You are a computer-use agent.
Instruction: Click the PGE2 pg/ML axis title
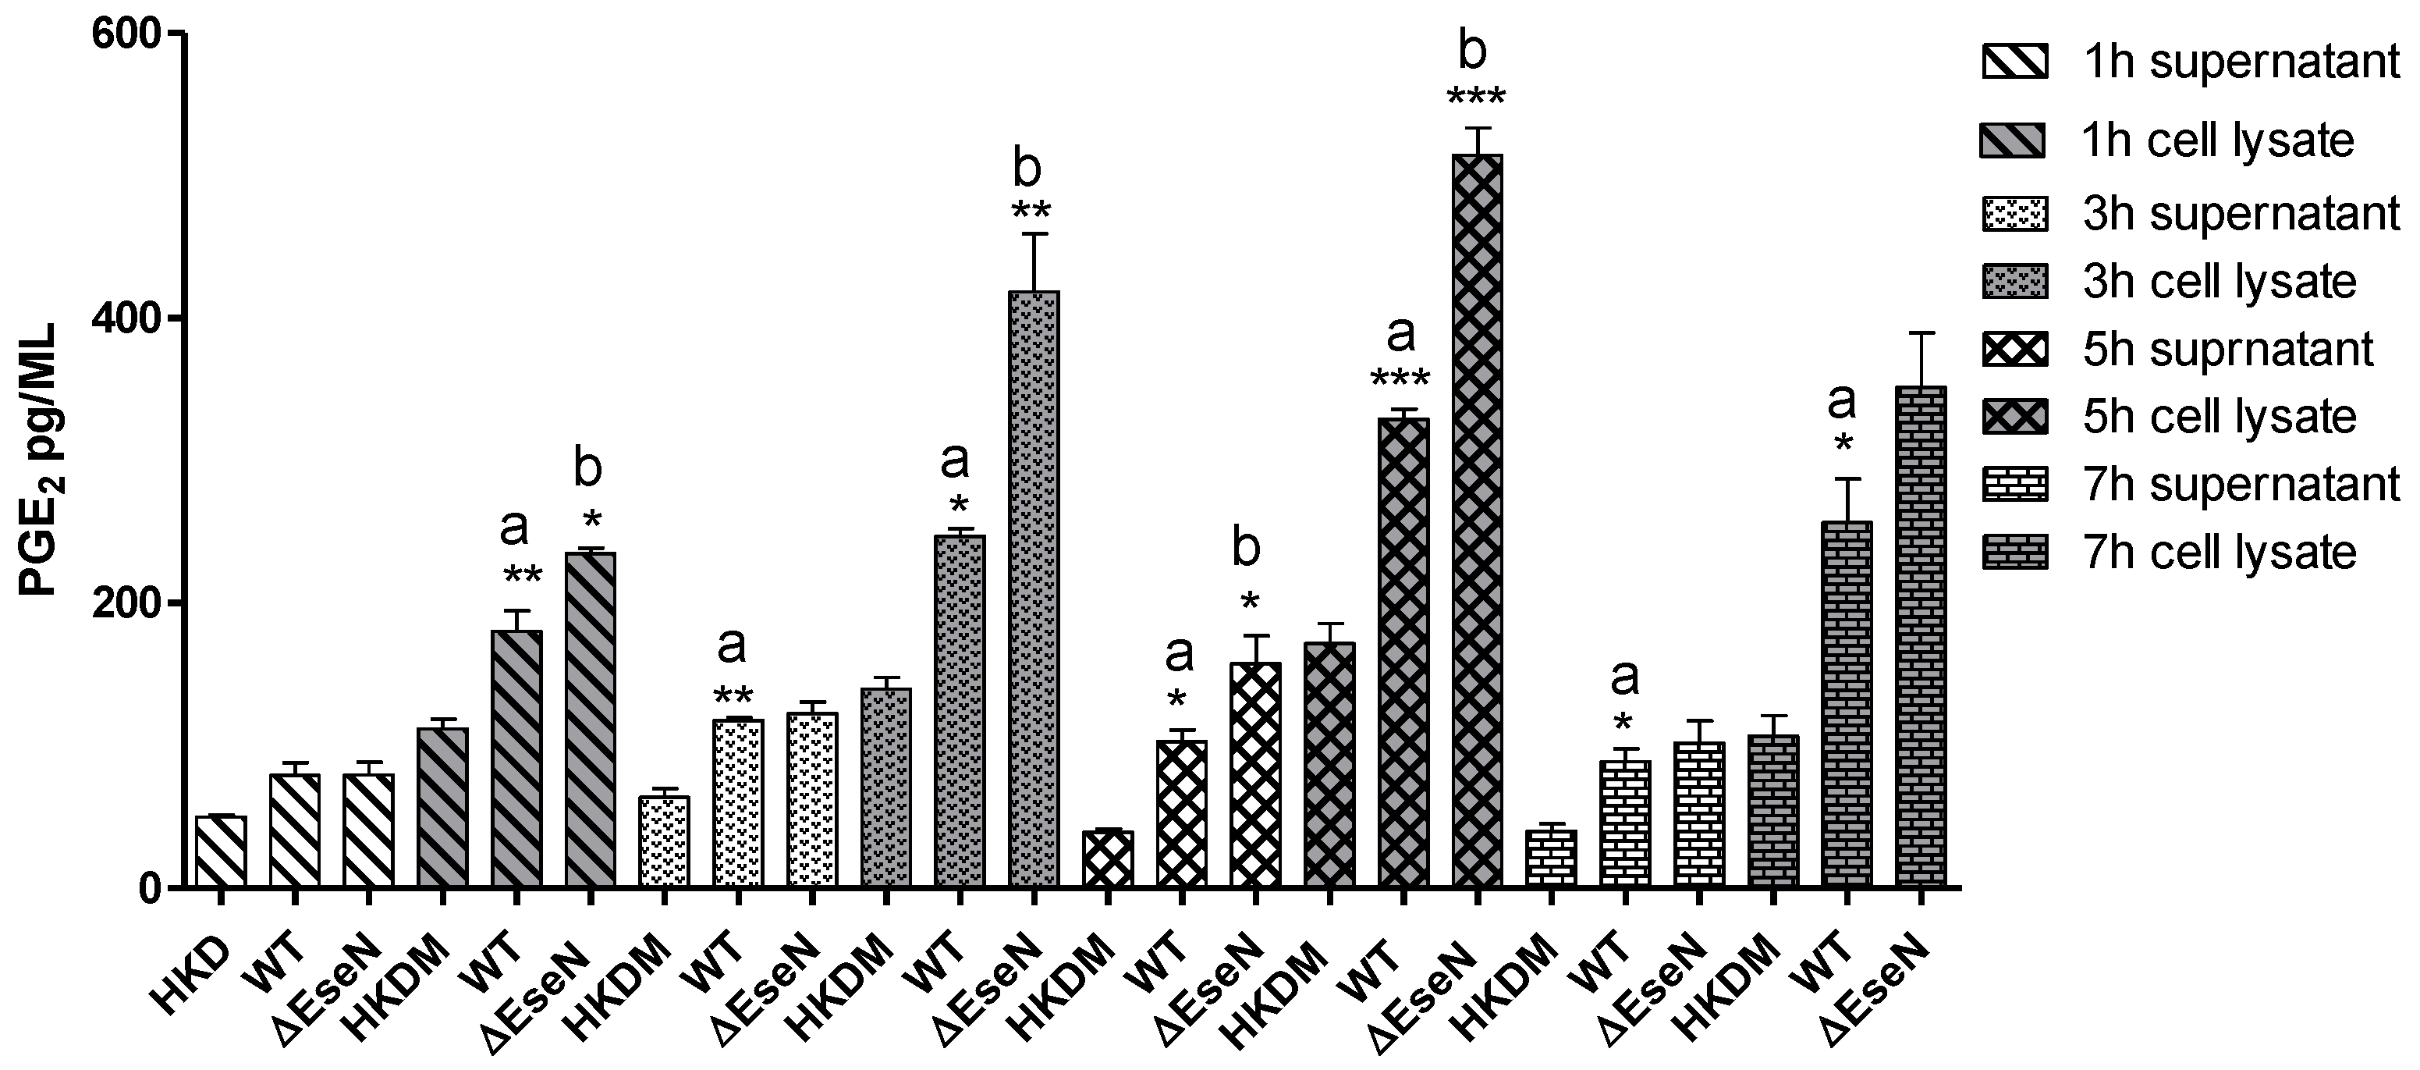40,460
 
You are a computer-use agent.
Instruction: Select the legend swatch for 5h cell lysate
2014,417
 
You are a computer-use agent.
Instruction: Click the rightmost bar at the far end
1920,639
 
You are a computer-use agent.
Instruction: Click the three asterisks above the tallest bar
1476,98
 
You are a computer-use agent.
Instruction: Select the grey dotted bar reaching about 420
1034,592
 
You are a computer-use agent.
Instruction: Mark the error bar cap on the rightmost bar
1920,332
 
